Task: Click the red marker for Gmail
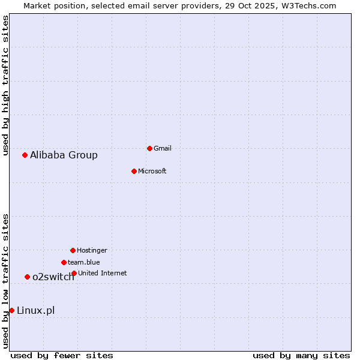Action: click(x=149, y=148)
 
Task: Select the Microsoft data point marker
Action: click(x=134, y=171)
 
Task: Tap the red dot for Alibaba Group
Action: click(x=25, y=155)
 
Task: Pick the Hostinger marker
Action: click(x=73, y=250)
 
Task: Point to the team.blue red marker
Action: click(x=64, y=262)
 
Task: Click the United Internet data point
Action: click(x=74, y=273)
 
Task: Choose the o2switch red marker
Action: click(x=27, y=277)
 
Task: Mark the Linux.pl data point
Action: click(x=11, y=310)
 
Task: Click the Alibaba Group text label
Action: click(x=64, y=155)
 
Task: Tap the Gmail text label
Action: click(x=163, y=148)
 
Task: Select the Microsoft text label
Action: click(x=152, y=171)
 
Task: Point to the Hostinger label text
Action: click(x=92, y=250)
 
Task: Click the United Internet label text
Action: click(x=102, y=273)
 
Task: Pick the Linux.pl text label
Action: click(x=35, y=310)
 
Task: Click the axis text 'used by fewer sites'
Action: click(x=62, y=355)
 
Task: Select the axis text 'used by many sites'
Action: click(x=301, y=355)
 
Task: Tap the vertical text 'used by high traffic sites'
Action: click(x=5, y=86)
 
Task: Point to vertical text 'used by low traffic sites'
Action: click(x=5, y=281)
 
